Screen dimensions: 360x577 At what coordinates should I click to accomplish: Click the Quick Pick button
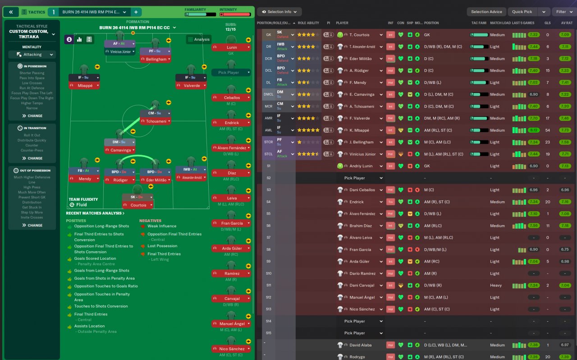coord(522,12)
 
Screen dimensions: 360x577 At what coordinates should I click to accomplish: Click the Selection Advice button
coord(486,12)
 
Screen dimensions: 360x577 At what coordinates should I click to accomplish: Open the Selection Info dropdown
coord(279,12)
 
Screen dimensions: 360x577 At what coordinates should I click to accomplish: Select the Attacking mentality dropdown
coord(32,55)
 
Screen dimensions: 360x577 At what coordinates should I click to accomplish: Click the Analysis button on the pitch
coord(198,39)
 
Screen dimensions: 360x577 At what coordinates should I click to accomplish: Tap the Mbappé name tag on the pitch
coord(84,86)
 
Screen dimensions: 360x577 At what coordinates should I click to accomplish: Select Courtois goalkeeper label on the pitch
coord(138,205)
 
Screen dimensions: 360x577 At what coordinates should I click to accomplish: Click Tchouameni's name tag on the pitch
coord(156,121)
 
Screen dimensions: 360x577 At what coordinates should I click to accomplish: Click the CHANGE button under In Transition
coord(32,158)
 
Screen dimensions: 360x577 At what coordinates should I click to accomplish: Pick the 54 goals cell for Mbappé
coord(547,130)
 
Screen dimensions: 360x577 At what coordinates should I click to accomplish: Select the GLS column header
coord(547,23)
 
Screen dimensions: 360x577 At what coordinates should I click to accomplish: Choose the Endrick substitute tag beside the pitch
coord(232,123)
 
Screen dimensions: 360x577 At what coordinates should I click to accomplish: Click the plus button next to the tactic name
coord(135,12)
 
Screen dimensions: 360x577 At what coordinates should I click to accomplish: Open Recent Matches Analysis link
coord(95,213)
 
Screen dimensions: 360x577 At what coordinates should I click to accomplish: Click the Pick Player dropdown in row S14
coord(363,321)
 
